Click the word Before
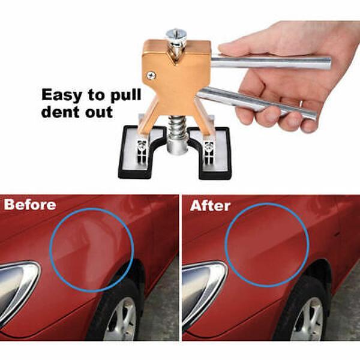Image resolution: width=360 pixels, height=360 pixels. point(30,205)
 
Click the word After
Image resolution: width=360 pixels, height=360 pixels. point(210,205)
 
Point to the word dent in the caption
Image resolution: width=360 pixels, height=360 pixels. point(61,112)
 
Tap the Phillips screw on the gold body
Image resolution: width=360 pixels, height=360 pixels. point(151,76)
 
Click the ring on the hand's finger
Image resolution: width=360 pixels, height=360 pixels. point(301,104)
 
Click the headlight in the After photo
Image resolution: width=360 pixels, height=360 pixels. point(203,290)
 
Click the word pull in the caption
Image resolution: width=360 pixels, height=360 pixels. point(125,96)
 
